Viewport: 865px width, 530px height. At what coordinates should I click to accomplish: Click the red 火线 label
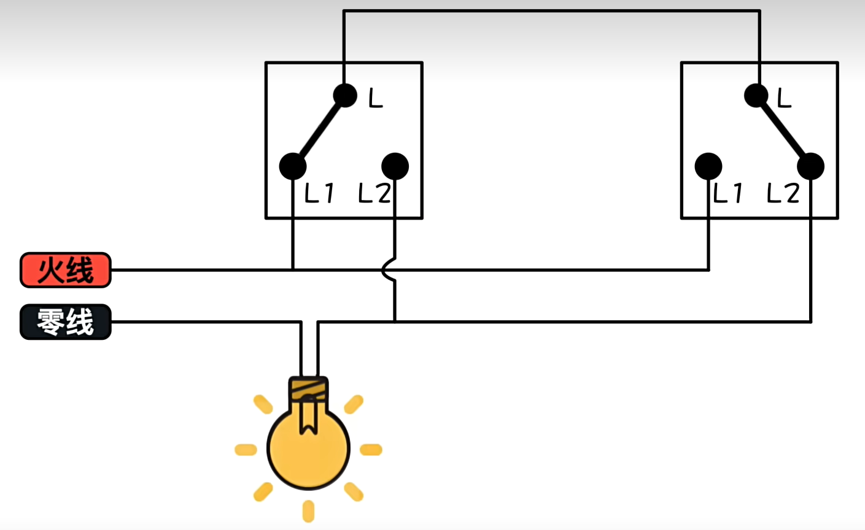click(x=66, y=270)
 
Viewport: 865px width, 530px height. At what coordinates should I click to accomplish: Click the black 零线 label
click(x=66, y=322)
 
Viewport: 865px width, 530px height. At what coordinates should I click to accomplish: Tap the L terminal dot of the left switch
click(x=345, y=95)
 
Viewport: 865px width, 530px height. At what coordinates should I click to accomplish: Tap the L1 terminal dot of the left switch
click(x=293, y=166)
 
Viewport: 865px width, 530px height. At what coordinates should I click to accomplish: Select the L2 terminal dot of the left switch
click(x=395, y=166)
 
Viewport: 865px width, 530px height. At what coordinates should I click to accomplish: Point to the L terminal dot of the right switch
click(x=756, y=96)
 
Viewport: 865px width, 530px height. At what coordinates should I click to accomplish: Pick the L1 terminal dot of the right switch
click(x=708, y=166)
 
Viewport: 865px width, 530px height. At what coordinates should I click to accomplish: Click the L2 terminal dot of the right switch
click(x=810, y=166)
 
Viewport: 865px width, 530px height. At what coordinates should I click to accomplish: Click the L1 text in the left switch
click(x=319, y=194)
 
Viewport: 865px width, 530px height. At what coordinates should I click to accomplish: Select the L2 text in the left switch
click(x=374, y=194)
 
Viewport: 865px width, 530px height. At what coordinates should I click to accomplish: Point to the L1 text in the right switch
click(x=728, y=194)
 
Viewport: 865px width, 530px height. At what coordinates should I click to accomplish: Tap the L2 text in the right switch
click(x=783, y=194)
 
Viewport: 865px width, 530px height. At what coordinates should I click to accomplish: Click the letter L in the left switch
click(x=376, y=98)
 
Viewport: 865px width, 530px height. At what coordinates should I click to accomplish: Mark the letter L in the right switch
click(x=785, y=98)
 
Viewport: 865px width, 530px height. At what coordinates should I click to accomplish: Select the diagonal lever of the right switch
click(x=783, y=131)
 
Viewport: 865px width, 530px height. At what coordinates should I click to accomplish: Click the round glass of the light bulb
click(x=308, y=451)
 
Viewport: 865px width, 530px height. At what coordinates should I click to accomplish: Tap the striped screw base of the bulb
click(x=309, y=389)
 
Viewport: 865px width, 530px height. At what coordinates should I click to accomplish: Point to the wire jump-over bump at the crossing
click(x=387, y=270)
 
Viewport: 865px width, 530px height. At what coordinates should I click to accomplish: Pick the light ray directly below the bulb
click(x=309, y=511)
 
